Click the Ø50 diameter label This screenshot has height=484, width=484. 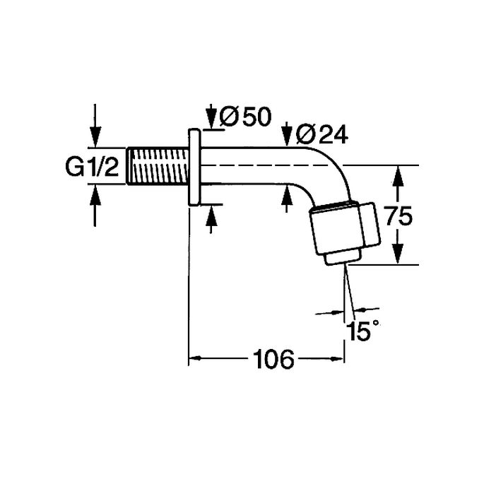pyautogui.click(x=244, y=117)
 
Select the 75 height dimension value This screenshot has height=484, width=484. pyautogui.click(x=399, y=216)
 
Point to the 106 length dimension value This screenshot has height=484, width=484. pyautogui.click(x=273, y=360)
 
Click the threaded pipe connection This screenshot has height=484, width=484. pyautogui.click(x=157, y=167)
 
